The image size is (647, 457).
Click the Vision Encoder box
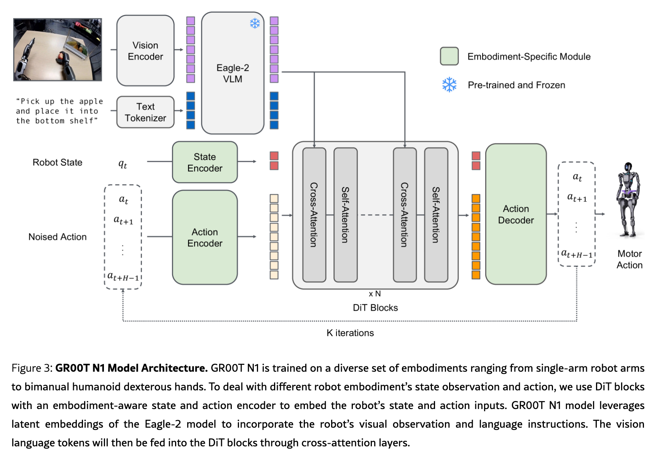click(x=145, y=51)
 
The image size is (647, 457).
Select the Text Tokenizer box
click(x=145, y=112)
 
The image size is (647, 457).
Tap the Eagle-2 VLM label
click(x=233, y=73)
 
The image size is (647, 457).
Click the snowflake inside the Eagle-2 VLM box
click(x=255, y=23)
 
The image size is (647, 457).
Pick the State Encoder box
click(x=205, y=162)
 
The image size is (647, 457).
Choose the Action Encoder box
click(x=205, y=237)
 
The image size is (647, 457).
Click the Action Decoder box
click(x=516, y=214)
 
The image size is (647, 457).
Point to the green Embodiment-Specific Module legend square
click(x=449, y=56)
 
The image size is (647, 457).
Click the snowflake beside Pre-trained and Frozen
click(x=449, y=85)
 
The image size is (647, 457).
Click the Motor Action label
click(x=629, y=259)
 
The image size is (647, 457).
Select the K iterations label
click(x=350, y=333)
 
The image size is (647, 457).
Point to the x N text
click(x=374, y=294)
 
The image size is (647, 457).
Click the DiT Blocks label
click(x=375, y=308)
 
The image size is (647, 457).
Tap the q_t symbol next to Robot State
click(x=123, y=164)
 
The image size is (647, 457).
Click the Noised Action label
click(x=57, y=237)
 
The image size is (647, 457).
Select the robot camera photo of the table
click(x=57, y=50)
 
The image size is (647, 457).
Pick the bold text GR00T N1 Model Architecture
click(x=131, y=368)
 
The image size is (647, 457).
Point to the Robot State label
click(x=57, y=163)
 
